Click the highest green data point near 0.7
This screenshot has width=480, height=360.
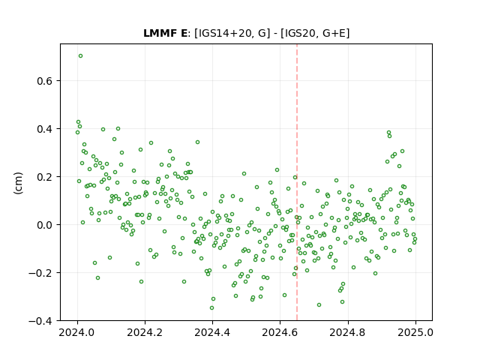[x=80, y=56]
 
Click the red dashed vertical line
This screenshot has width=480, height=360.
[x=297, y=182]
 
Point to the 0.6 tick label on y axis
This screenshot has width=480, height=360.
[x=45, y=81]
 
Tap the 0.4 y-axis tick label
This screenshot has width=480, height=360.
[x=45, y=129]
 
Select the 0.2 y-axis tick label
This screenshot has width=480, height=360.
[x=45, y=177]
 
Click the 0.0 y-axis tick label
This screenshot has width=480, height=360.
[x=45, y=225]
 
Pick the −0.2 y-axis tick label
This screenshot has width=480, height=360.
[x=40, y=273]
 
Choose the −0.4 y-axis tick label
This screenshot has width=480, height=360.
[x=40, y=321]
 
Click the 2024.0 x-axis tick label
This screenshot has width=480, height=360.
[x=77, y=332]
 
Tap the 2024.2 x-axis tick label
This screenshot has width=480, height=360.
[x=145, y=332]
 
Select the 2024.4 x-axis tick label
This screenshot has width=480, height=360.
[x=212, y=332]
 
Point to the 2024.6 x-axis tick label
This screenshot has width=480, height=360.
[x=280, y=332]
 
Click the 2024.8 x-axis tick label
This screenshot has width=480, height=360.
[x=348, y=332]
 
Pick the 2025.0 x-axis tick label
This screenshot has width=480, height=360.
[x=415, y=332]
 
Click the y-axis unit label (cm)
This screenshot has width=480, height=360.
[x=18, y=183]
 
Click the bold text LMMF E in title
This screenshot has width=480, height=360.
[x=165, y=33]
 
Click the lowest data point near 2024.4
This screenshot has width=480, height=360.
[x=211, y=308]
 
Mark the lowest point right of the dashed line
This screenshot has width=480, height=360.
[x=319, y=305]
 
